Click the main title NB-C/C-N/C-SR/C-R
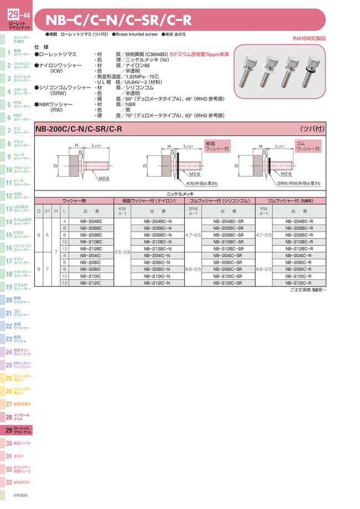(x=119, y=20)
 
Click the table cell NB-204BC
(x=91, y=222)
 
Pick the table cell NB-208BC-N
(x=157, y=235)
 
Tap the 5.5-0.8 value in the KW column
(x=122, y=252)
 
